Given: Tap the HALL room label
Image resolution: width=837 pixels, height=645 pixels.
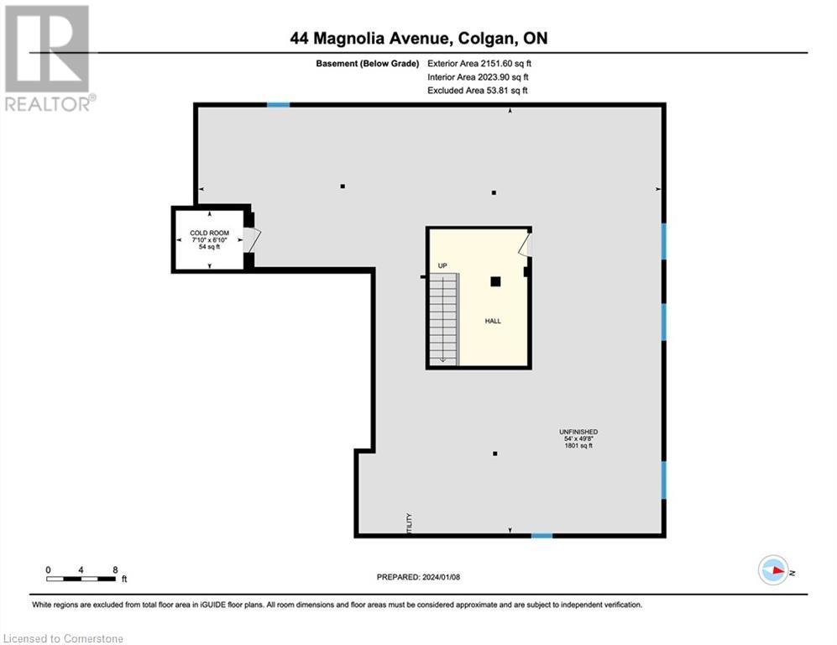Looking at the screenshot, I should [493, 321].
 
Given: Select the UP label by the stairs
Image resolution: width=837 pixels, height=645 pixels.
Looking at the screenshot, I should [442, 266].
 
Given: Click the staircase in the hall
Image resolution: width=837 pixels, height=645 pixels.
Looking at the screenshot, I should [443, 321].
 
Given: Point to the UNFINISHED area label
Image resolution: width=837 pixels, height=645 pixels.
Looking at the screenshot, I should [578, 439].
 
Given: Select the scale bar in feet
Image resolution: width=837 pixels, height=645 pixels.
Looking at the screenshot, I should [81, 578].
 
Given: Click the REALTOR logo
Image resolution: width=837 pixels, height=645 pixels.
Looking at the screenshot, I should [49, 58].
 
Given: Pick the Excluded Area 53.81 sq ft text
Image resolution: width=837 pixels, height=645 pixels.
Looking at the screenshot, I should [478, 90].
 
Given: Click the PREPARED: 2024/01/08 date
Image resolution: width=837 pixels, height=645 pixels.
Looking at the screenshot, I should [418, 577].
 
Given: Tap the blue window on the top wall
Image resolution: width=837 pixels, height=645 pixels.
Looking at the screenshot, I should [278, 104].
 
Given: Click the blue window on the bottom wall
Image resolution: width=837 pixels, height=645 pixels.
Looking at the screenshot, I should [541, 535].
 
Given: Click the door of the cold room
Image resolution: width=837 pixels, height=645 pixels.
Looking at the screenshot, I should [251, 239].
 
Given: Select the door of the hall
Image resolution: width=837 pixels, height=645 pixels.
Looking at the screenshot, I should [525, 245].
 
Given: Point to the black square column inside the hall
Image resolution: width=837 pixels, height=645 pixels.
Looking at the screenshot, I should [496, 281].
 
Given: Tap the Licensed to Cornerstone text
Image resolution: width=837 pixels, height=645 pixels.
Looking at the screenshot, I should [63, 639].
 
